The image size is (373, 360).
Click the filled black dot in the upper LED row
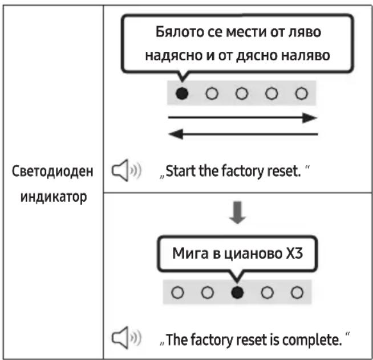click(x=182, y=93)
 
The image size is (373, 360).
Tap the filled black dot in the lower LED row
click(x=237, y=292)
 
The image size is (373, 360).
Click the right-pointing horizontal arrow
click(x=242, y=117)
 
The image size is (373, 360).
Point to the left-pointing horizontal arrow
click(x=243, y=134)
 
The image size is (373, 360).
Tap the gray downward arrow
click(x=237, y=212)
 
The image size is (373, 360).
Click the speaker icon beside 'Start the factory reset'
click(x=127, y=170)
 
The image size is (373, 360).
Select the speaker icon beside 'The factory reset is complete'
click(x=127, y=338)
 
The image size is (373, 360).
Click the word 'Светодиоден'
click(x=52, y=171)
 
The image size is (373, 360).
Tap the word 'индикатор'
click(x=54, y=197)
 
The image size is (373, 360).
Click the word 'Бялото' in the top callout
click(x=180, y=31)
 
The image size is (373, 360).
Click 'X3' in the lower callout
click(x=294, y=253)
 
